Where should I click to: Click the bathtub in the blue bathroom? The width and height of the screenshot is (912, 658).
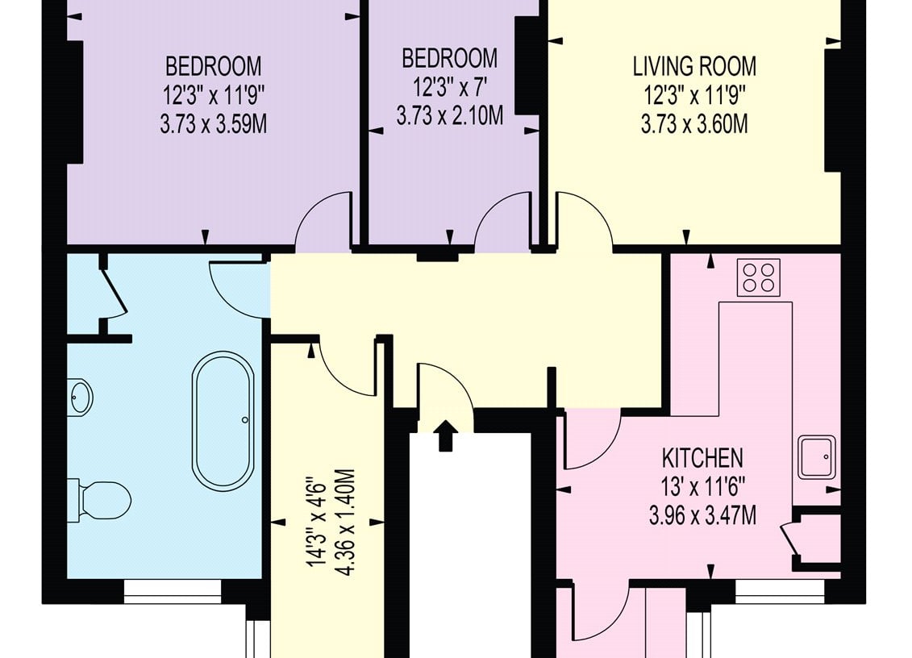[223, 419]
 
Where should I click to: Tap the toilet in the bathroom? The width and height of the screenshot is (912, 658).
[99, 500]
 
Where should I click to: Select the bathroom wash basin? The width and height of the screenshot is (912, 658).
[80, 397]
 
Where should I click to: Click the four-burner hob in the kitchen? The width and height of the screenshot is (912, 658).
[759, 277]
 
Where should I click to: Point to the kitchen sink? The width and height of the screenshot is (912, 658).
[817, 457]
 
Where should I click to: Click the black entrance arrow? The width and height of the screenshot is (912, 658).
[446, 435]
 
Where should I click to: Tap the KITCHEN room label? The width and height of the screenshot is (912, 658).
[702, 459]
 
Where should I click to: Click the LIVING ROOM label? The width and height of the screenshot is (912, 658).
[694, 66]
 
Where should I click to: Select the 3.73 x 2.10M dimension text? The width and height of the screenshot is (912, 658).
[450, 116]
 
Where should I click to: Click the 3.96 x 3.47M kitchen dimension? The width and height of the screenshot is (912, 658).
[702, 515]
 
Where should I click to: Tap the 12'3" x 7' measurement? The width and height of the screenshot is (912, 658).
[450, 87]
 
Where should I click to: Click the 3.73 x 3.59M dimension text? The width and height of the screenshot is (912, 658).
[214, 124]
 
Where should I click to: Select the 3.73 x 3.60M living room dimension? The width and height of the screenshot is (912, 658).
[694, 124]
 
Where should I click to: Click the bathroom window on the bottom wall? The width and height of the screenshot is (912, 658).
[173, 591]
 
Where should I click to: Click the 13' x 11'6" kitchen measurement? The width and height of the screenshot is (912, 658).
[702, 487]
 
